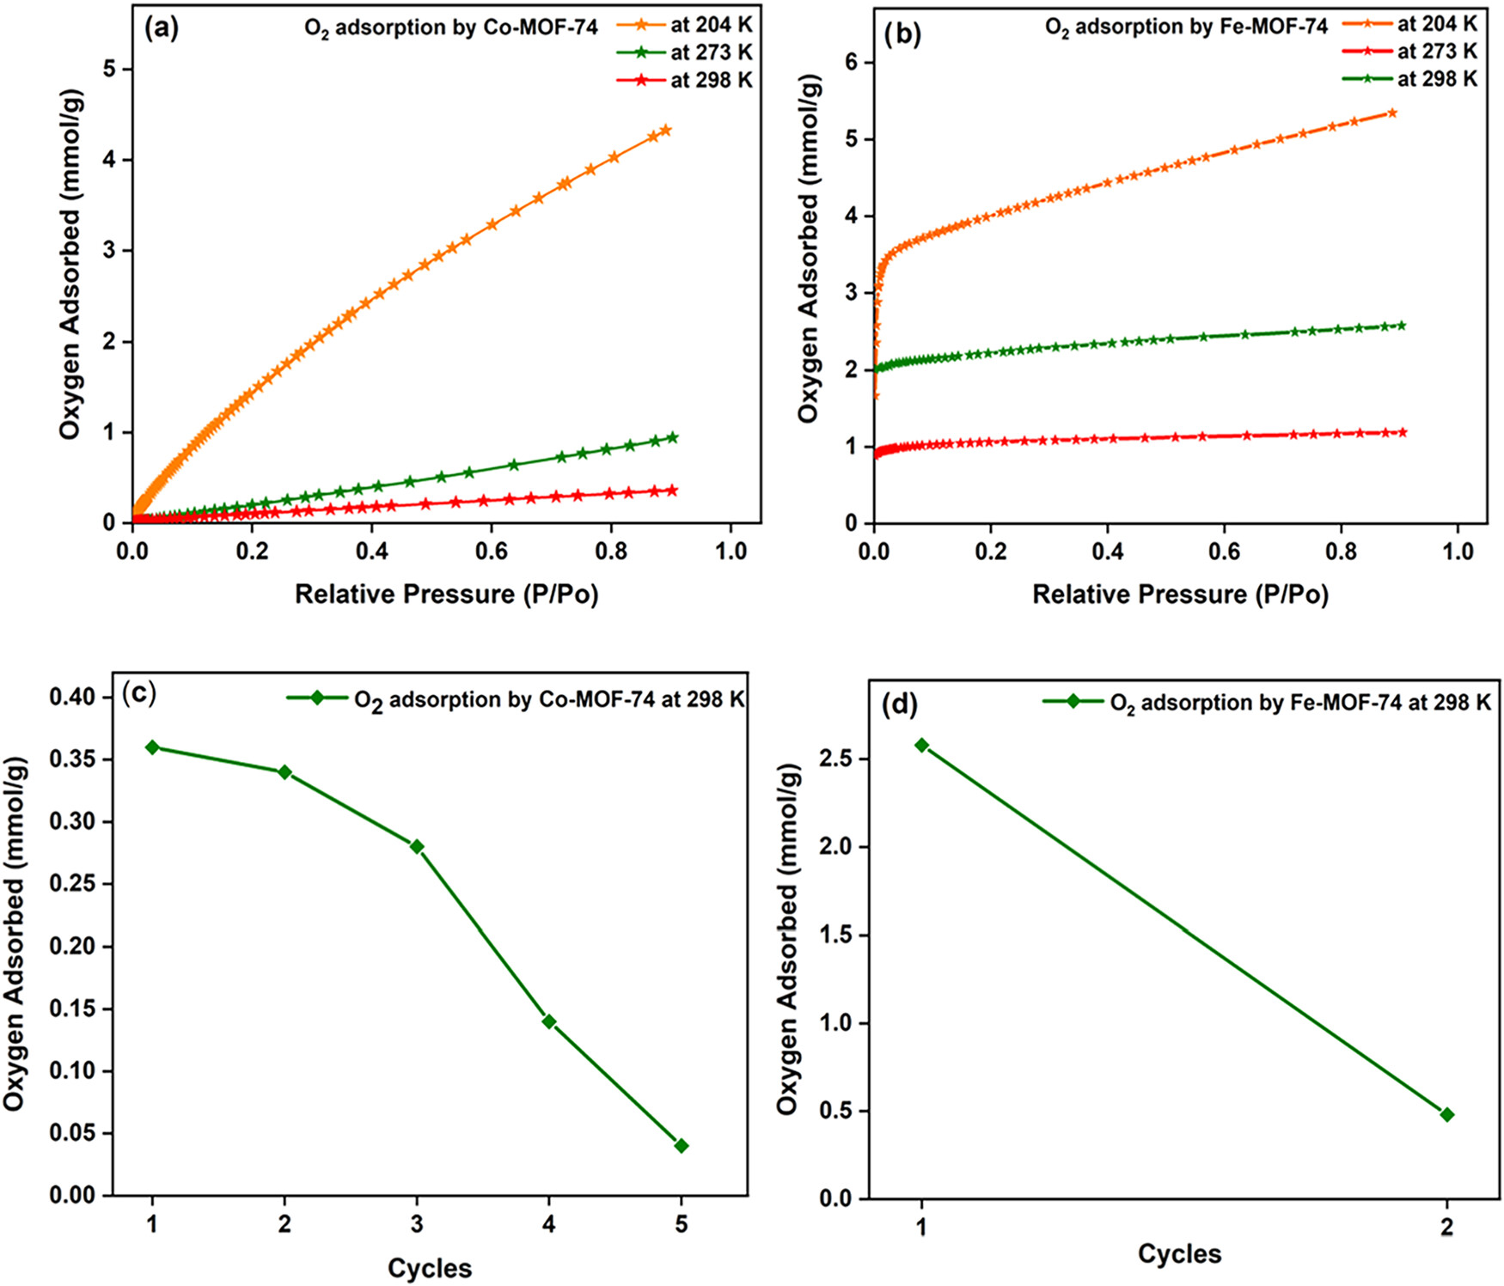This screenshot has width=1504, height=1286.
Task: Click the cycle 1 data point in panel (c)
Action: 152,747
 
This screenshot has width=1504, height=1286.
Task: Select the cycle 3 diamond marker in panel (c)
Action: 417,847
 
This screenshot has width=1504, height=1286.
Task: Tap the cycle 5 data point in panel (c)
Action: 682,1146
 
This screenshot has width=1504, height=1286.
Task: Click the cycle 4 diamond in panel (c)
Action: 549,1021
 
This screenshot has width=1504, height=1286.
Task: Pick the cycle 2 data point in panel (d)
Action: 1447,1115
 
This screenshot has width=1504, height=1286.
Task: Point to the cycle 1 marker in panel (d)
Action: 922,746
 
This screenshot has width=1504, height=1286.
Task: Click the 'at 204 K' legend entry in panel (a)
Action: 685,26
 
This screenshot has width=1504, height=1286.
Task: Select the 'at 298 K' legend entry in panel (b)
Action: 1409,79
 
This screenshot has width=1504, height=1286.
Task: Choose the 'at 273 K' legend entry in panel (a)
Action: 685,53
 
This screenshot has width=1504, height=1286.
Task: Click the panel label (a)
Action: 162,28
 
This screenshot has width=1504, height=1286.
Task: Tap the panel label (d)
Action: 900,705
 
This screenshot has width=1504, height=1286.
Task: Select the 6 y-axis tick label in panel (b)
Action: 848,62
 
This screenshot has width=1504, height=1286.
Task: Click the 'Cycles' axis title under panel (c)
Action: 430,1268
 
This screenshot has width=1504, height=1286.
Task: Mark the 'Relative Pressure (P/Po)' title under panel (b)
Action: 1180,594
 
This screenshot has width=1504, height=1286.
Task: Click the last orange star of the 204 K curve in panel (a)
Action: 665,131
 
